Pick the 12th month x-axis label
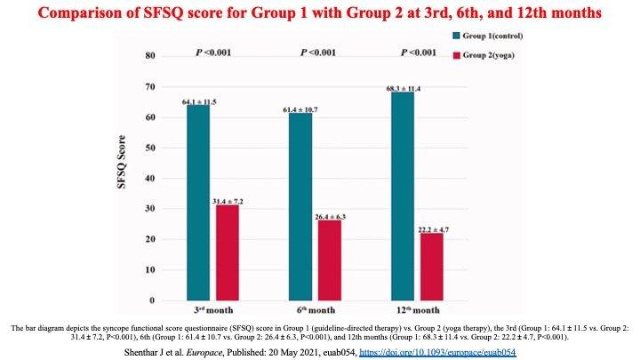(414, 310)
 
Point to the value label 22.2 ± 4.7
(433, 228)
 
